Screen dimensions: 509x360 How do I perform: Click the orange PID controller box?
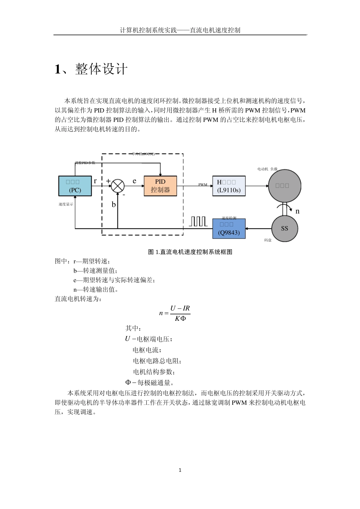click(x=160, y=186)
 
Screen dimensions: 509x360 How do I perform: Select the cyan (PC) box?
click(x=75, y=186)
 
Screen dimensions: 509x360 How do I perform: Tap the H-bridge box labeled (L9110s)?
click(x=229, y=186)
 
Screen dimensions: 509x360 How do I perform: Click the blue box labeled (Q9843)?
click(x=229, y=229)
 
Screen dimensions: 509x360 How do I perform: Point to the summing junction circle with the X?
click(x=118, y=186)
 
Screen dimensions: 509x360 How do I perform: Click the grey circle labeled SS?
click(x=284, y=228)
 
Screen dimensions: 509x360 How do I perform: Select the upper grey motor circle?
click(x=284, y=186)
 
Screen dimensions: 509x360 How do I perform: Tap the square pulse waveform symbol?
click(x=198, y=222)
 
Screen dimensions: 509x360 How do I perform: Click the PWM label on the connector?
click(x=203, y=185)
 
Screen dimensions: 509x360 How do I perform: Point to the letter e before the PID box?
click(x=134, y=181)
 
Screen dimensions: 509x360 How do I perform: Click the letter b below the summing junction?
click(x=114, y=205)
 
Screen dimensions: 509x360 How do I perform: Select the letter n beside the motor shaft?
click(x=297, y=211)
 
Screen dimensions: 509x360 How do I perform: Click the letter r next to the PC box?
click(x=95, y=181)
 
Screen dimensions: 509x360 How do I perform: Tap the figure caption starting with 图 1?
click(x=190, y=252)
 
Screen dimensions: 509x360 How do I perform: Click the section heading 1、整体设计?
click(x=91, y=69)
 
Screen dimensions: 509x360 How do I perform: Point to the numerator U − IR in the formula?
click(x=180, y=308)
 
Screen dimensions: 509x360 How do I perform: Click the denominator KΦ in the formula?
click(x=180, y=319)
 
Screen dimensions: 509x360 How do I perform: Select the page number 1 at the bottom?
click(x=180, y=470)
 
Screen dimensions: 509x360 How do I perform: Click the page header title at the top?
click(x=180, y=30)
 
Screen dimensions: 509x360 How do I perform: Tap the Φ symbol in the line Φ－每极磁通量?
click(x=128, y=383)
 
